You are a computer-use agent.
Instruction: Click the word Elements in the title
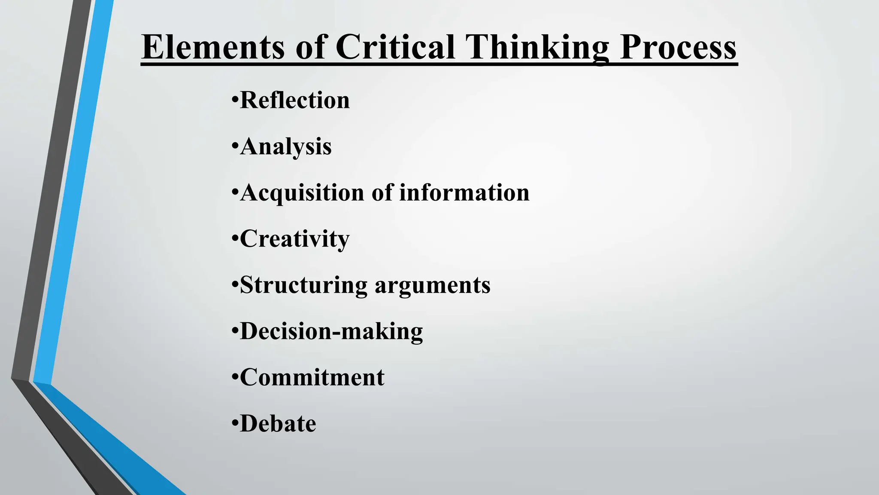pos(213,47)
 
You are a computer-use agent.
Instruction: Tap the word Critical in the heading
pos(395,47)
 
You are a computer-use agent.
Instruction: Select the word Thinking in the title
pos(538,47)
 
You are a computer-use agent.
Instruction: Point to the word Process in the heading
pos(678,47)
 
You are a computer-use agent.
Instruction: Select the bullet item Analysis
pos(286,147)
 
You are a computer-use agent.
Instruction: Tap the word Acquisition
pos(302,192)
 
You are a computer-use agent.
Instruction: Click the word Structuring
pos(303,285)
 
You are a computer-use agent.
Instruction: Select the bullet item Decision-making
pos(331,331)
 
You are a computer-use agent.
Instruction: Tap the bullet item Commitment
pos(312,378)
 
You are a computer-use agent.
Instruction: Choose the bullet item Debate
pos(278,424)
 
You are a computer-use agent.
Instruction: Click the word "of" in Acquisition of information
pos(382,192)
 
